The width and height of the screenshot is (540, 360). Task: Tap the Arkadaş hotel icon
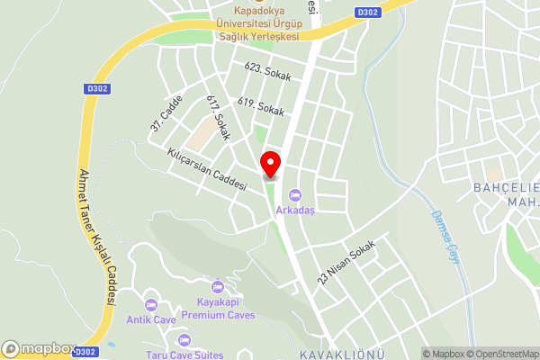294,195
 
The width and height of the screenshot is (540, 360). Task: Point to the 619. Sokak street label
261,107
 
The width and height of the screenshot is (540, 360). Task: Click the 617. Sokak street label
218,118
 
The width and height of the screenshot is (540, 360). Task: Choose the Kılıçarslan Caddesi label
207,168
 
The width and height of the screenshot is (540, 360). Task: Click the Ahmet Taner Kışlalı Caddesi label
98,238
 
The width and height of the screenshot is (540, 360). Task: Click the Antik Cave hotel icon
150,304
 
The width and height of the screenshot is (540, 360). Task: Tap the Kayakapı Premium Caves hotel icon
217,287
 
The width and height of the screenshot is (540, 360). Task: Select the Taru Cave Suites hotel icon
184,340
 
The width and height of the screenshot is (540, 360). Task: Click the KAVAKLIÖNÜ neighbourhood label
336,351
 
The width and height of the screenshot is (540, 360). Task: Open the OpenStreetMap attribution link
501,354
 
